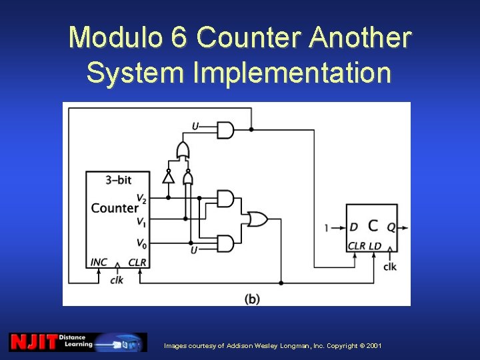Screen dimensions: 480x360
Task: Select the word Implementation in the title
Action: [x=292, y=73]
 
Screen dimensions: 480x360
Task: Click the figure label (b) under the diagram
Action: [x=252, y=299]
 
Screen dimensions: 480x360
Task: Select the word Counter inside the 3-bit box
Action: [x=114, y=208]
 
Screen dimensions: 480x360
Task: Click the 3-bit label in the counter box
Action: [x=119, y=180]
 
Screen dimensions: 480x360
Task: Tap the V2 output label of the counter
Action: [x=141, y=198]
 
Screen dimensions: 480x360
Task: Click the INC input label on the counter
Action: [x=98, y=262]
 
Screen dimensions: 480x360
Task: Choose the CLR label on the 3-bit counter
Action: [x=137, y=262]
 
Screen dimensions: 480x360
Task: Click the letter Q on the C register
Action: [x=391, y=227]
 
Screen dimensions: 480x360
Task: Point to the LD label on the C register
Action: [x=375, y=246]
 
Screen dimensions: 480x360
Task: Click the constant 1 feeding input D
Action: [x=326, y=228]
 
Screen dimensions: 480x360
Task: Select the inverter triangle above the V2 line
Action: [x=168, y=178]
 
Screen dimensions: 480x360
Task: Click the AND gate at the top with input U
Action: [x=226, y=129]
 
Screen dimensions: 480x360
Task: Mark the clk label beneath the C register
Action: [x=390, y=267]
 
